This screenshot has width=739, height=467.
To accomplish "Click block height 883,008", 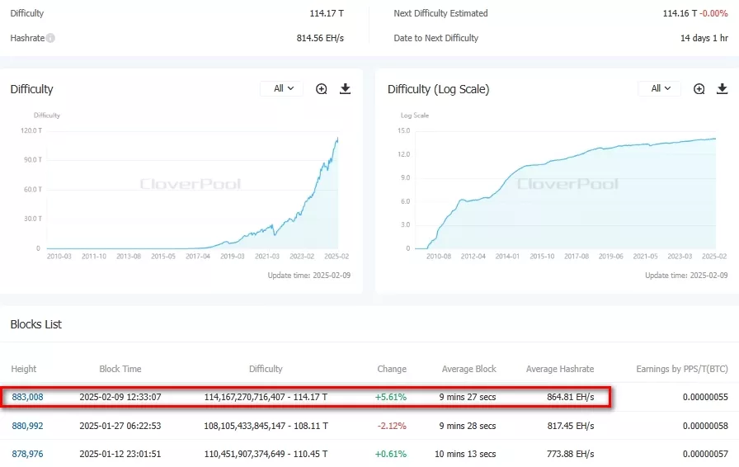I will click(x=27, y=397).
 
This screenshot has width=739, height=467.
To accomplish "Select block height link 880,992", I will click(x=27, y=426).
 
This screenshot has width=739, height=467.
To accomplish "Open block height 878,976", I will click(x=27, y=454).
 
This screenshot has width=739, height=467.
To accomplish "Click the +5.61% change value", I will click(x=390, y=397).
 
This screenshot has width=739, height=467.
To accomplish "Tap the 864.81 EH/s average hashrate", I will click(x=570, y=397).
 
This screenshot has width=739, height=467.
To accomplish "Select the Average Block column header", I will click(x=468, y=369).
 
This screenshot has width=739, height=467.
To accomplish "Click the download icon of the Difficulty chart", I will click(x=345, y=89).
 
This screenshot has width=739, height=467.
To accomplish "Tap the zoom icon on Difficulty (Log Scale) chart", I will click(x=699, y=89).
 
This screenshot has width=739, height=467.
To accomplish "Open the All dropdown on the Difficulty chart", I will click(x=282, y=89).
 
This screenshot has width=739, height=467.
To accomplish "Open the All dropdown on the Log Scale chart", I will click(x=660, y=89).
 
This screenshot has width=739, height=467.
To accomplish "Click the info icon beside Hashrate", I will click(x=50, y=38).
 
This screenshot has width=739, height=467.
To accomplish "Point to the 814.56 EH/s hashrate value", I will click(x=320, y=38).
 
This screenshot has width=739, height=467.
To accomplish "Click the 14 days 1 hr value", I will click(x=704, y=38).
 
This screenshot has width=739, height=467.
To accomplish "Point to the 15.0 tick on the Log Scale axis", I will click(x=403, y=130).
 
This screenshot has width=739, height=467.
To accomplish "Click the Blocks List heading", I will click(x=36, y=324).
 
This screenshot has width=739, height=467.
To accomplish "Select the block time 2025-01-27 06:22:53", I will click(x=120, y=426).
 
